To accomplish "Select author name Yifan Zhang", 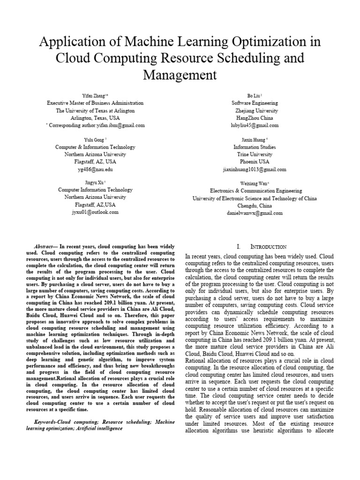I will click(94, 95).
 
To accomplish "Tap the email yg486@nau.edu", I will click(96, 169).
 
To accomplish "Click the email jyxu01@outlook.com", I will click(95, 212).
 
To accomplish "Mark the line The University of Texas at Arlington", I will click(95, 111).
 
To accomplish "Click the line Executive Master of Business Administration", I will click(95, 103).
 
